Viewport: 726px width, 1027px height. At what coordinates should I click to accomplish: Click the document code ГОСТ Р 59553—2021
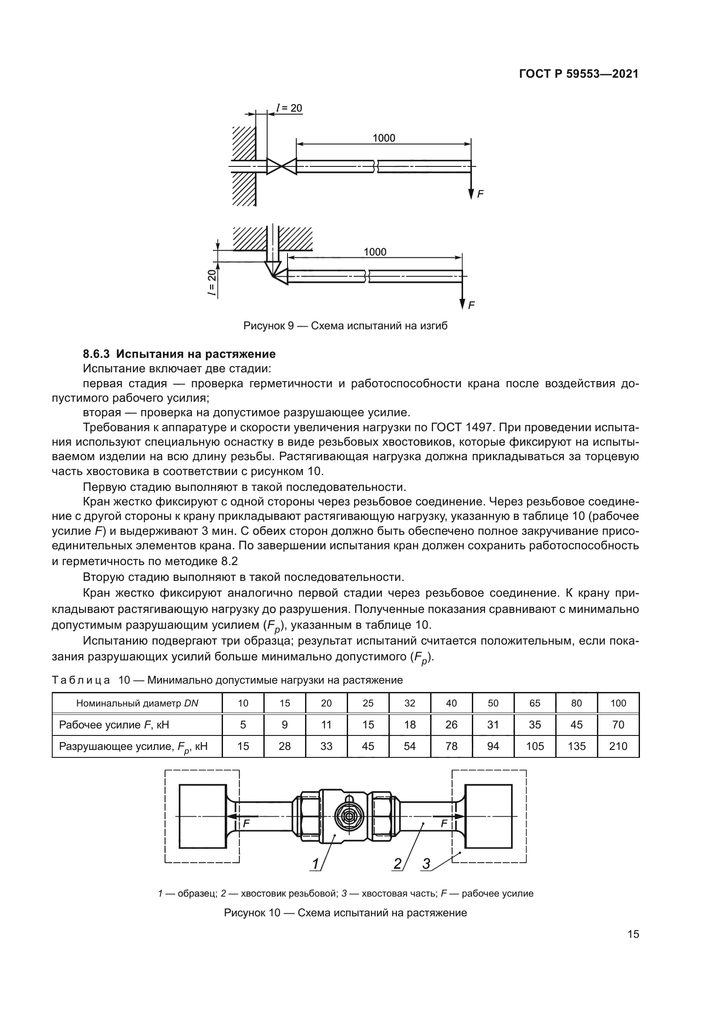(x=579, y=74)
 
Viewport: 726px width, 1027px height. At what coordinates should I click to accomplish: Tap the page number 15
(x=633, y=934)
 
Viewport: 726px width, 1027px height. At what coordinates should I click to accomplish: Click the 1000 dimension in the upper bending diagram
(x=384, y=138)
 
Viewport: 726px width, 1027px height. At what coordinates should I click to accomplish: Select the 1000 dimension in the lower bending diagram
(x=374, y=252)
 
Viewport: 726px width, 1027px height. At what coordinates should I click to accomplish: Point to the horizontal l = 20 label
(x=289, y=108)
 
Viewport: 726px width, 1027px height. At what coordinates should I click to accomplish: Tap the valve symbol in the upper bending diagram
(x=282, y=166)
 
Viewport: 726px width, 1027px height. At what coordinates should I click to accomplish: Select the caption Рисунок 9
(x=345, y=326)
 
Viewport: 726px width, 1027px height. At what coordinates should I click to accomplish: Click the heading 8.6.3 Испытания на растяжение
(x=179, y=354)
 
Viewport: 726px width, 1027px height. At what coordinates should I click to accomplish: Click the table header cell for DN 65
(x=535, y=703)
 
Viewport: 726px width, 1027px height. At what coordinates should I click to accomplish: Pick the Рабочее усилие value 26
(x=451, y=724)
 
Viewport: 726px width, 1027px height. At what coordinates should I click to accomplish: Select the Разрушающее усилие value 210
(x=618, y=746)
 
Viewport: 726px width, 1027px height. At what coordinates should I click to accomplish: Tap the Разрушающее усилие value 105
(x=535, y=746)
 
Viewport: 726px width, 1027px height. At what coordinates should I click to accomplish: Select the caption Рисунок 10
(x=345, y=913)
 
